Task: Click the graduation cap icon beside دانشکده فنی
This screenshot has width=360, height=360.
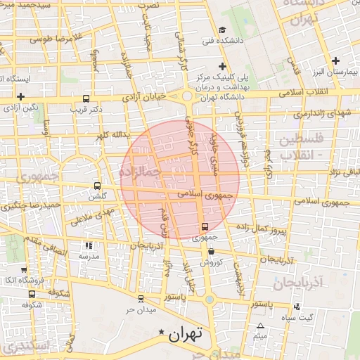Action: [222, 30]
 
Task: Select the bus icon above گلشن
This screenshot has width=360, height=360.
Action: [97, 186]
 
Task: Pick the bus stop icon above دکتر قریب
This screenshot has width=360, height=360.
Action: [86, 99]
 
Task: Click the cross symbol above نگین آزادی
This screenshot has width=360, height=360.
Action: [21, 96]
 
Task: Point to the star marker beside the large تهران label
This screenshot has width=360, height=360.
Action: [162, 331]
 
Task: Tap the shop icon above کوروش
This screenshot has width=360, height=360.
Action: [211, 251]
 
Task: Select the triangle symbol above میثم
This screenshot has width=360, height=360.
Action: [261, 326]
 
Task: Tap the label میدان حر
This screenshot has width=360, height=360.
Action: [139, 309]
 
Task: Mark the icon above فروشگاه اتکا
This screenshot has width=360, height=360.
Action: [30, 269]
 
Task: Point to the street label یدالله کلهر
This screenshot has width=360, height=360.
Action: [112, 134]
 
